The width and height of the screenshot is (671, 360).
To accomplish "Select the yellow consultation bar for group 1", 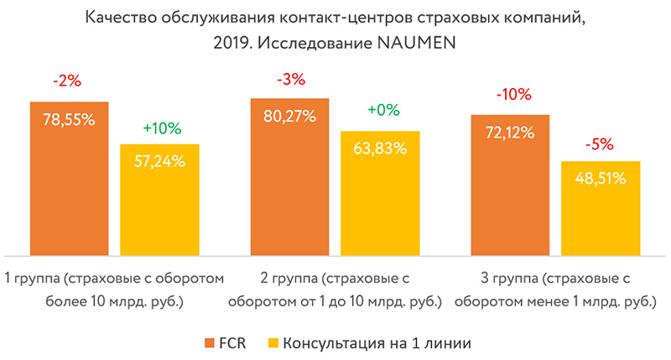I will click(159, 206).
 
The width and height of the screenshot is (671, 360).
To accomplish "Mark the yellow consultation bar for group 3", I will click(601, 214).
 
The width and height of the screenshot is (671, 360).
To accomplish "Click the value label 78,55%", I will click(69, 119).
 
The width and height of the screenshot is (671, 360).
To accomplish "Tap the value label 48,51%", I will click(601, 178).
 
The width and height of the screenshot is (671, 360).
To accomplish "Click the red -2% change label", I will click(69, 83).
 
